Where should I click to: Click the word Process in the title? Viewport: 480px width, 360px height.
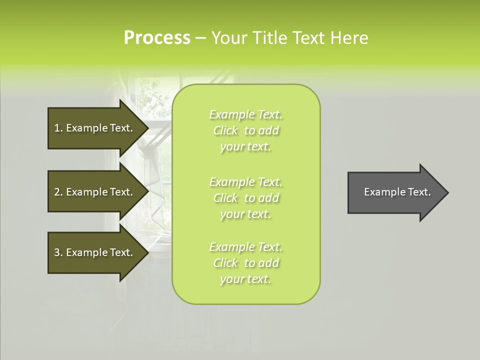point(157,38)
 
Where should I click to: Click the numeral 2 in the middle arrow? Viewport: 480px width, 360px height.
point(57,192)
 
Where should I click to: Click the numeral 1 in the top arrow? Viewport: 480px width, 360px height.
point(57,128)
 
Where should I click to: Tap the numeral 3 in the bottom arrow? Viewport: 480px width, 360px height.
point(57,252)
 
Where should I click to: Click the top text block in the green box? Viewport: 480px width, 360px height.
point(245,130)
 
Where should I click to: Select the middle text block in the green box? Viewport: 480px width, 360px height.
point(245,198)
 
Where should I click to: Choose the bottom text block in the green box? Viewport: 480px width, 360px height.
point(245,263)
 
